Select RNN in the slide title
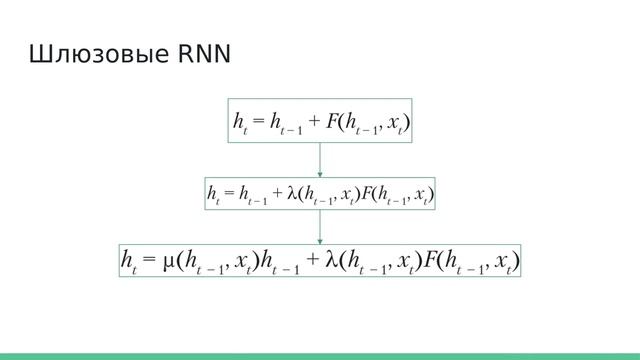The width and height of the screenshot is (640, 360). [x=204, y=54]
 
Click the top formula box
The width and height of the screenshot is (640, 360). [x=320, y=121]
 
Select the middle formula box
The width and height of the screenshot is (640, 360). [x=320, y=192]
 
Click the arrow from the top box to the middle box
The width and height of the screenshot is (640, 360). [x=320, y=159]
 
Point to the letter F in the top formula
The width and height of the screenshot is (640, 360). [x=331, y=121]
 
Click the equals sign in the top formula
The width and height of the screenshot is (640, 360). [x=258, y=122]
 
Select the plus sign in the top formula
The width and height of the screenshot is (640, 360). [x=315, y=122]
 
